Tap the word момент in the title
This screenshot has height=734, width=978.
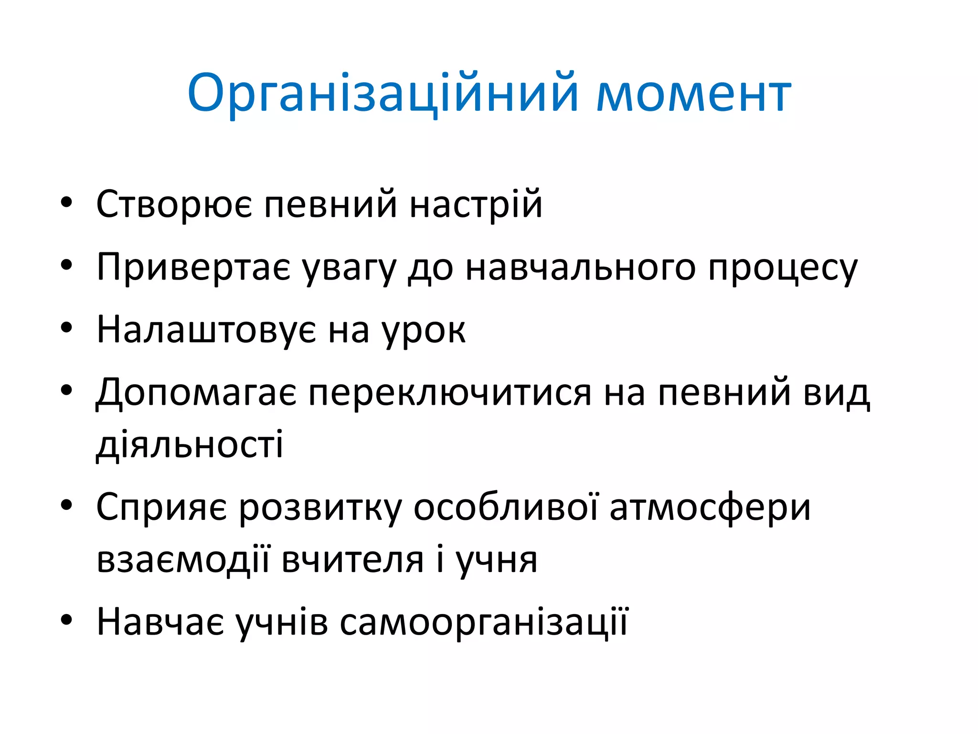coord(694,94)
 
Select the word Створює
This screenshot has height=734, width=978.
coord(174,205)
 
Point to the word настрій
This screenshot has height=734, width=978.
coord(476,205)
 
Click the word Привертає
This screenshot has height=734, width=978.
coord(193,268)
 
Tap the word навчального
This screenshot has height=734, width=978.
coord(580,268)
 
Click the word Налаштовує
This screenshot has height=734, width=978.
coord(206,330)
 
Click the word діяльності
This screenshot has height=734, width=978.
coord(190,444)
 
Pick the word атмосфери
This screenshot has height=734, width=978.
coord(710,507)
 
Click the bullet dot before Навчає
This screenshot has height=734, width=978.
coord(66,620)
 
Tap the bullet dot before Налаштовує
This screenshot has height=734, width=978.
coord(66,328)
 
